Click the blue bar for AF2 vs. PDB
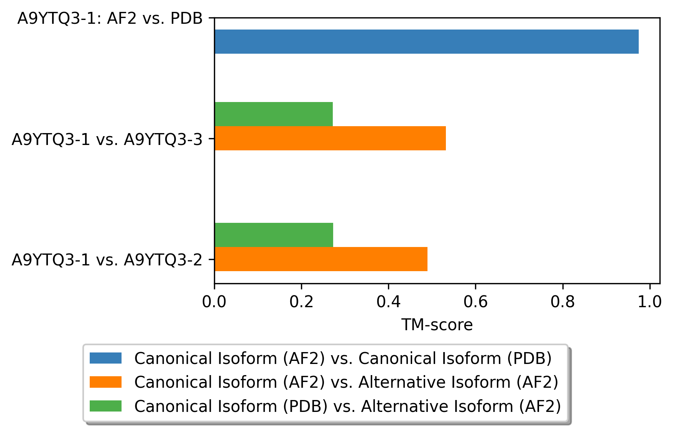click(x=426, y=41)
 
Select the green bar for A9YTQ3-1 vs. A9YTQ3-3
click(x=274, y=114)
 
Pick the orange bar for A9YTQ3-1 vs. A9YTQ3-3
click(x=330, y=138)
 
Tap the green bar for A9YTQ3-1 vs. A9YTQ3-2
click(x=274, y=235)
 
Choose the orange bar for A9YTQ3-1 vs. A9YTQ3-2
click(x=321, y=259)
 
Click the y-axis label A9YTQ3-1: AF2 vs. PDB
click(x=110, y=18)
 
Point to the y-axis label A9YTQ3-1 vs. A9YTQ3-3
click(x=107, y=140)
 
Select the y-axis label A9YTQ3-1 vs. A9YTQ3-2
click(x=107, y=260)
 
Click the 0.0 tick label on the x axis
click(x=214, y=302)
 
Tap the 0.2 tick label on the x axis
click(x=301, y=302)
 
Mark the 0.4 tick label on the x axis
click(x=388, y=302)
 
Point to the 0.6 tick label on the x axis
click(x=475, y=302)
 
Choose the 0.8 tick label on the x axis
click(x=562, y=302)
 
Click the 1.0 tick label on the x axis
click(x=649, y=302)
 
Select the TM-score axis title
click(x=437, y=325)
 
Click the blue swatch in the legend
click(x=105, y=358)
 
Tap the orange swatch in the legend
click(x=105, y=382)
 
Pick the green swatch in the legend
click(x=105, y=406)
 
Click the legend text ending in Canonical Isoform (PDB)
click(x=343, y=358)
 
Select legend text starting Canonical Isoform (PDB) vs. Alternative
click(x=347, y=406)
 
